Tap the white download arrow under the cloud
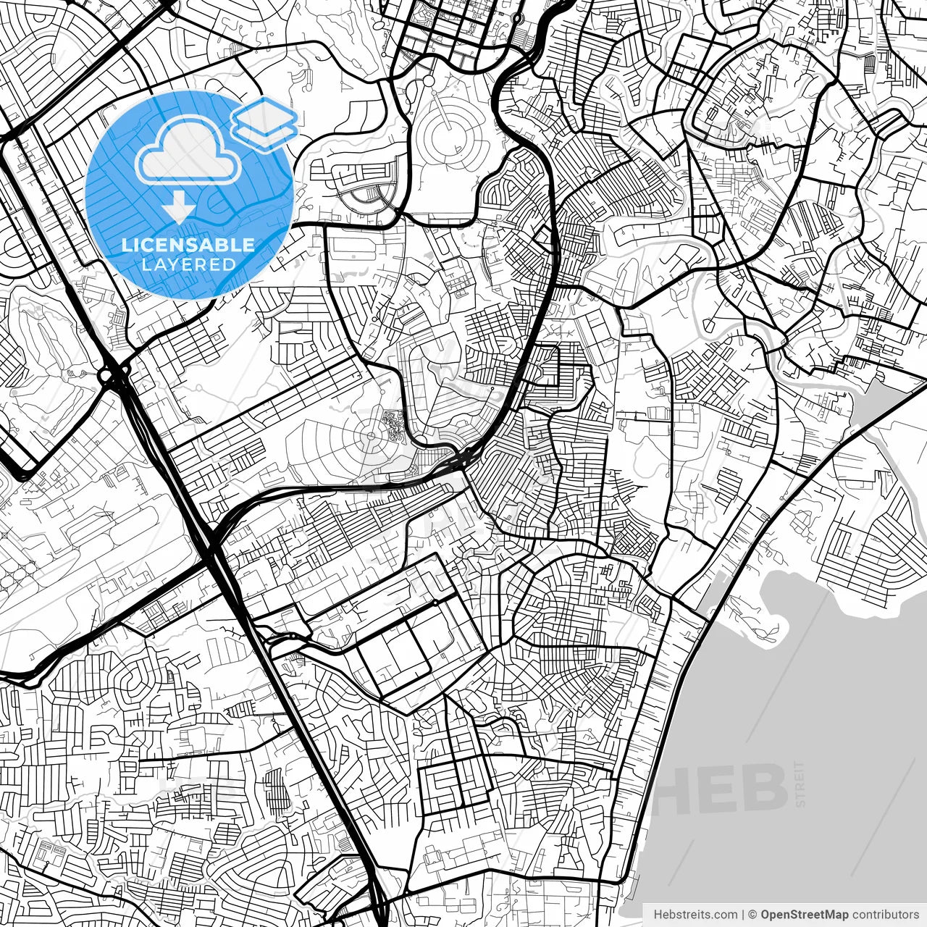pos(177,209)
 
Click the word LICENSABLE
pos(188,245)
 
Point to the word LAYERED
pos(188,264)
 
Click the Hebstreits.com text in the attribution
pos(696,914)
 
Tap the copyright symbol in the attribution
pos(753,914)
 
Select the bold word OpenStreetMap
pos(805,914)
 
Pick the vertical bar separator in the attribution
pos(744,914)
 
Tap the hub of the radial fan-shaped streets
pos(372,435)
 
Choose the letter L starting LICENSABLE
pos(125,245)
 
